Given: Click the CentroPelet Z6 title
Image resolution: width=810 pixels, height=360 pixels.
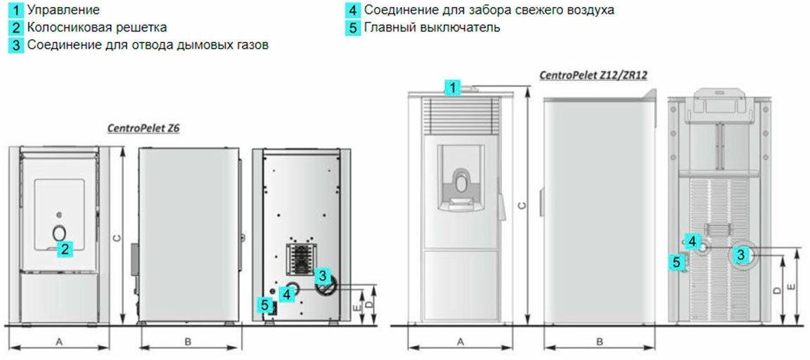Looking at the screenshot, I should [x=143, y=129].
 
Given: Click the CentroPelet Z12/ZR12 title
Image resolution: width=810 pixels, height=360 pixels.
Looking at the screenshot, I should [x=593, y=75].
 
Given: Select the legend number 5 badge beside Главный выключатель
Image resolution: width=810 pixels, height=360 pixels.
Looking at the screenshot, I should [x=354, y=28].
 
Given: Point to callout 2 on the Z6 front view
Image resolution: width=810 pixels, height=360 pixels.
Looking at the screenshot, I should [x=65, y=247].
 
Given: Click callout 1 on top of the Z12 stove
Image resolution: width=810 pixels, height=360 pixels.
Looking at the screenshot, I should [x=454, y=87].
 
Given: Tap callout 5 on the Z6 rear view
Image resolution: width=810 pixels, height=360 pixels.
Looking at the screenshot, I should [x=265, y=305].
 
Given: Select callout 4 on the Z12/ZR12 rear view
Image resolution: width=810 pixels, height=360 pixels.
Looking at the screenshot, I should [x=693, y=241].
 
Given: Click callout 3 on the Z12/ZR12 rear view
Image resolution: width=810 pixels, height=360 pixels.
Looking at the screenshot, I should [x=741, y=255].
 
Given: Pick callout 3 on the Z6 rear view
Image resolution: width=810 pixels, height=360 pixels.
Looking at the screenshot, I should [x=321, y=276].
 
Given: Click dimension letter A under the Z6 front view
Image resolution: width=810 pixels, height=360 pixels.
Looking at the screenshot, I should [x=60, y=341].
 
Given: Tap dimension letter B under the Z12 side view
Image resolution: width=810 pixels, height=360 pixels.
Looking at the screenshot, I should [x=600, y=341].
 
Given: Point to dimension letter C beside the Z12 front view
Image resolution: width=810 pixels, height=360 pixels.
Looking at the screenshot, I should [x=520, y=206].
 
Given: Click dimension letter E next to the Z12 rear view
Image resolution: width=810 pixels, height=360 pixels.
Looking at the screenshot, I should [x=792, y=287].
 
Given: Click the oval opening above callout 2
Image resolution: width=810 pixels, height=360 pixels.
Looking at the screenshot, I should [x=60, y=232].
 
